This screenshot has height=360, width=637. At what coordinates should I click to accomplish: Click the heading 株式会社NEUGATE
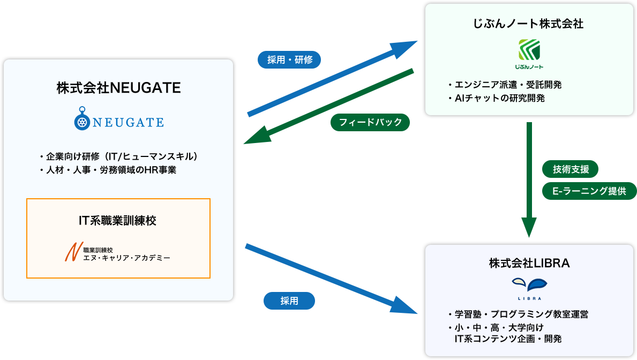[x=118, y=87]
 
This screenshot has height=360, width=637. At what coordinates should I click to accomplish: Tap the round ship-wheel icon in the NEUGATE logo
[x=81, y=122]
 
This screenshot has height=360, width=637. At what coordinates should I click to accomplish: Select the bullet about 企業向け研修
[x=119, y=156]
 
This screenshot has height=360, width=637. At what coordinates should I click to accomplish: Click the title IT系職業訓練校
[x=118, y=220]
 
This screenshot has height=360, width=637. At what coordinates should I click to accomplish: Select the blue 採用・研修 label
[x=289, y=60]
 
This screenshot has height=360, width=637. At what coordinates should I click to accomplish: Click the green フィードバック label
[x=370, y=122]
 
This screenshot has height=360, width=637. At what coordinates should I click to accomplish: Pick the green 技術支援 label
[x=571, y=169]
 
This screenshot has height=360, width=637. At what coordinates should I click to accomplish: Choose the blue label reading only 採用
[x=289, y=301]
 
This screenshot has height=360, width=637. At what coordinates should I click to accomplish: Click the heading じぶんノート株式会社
[x=528, y=24]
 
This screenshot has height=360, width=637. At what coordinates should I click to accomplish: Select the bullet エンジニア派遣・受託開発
[x=505, y=85]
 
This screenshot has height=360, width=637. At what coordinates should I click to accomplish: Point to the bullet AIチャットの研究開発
[x=496, y=99]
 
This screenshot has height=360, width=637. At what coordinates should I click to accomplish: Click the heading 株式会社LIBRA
[x=529, y=263]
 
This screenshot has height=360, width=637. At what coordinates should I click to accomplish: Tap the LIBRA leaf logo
[x=529, y=284]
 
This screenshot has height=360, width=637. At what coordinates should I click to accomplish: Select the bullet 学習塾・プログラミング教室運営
[x=518, y=314]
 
